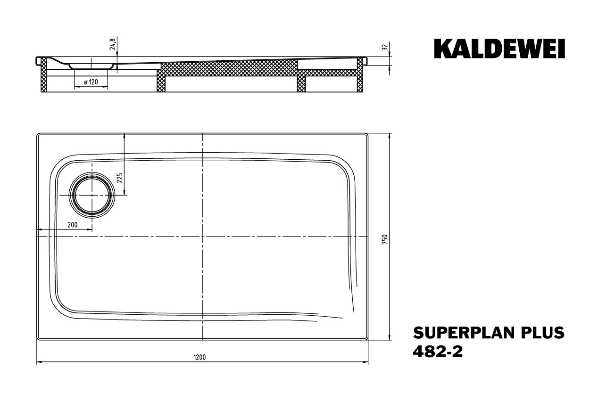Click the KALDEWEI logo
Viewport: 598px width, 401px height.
click(x=499, y=49)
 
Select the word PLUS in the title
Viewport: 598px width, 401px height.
click(x=543, y=333)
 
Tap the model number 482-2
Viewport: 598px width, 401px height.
click(x=438, y=352)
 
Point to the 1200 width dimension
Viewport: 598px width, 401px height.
click(x=199, y=357)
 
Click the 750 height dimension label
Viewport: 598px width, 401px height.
click(x=385, y=239)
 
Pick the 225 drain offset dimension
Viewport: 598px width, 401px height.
click(x=120, y=178)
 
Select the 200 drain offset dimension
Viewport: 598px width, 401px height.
click(x=72, y=225)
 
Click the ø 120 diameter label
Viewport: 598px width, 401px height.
click(x=91, y=82)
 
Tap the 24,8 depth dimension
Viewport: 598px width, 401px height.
click(x=112, y=44)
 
